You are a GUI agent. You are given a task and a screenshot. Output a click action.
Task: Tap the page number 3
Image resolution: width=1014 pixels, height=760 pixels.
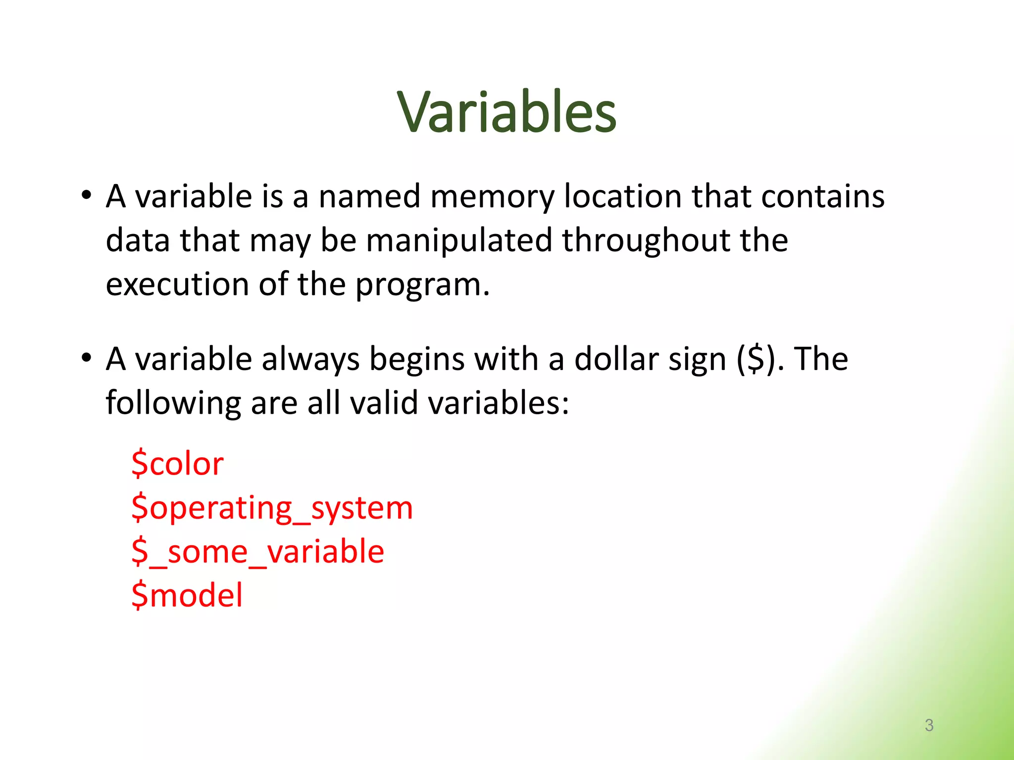click(x=929, y=725)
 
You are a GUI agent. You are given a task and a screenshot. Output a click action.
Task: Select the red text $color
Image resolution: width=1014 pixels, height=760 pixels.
click(x=177, y=464)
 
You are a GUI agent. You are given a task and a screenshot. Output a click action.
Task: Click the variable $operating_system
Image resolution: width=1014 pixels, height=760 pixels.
click(x=272, y=508)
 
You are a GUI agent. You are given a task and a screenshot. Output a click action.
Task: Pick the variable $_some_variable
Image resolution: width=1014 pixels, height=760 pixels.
click(x=257, y=552)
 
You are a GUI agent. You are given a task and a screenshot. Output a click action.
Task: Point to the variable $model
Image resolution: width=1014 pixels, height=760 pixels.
click(x=187, y=595)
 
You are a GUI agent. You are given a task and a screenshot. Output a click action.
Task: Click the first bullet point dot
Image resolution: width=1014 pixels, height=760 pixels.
click(x=87, y=195)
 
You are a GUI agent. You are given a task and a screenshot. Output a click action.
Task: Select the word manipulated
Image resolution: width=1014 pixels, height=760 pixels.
click(x=459, y=240)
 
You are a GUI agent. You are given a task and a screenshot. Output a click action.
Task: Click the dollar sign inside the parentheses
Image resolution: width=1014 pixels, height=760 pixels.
click(x=756, y=359)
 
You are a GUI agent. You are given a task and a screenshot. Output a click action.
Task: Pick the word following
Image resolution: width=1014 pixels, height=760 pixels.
click(x=173, y=403)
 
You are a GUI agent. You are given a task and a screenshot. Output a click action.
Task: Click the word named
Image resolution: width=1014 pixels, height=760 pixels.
click(x=369, y=196)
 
